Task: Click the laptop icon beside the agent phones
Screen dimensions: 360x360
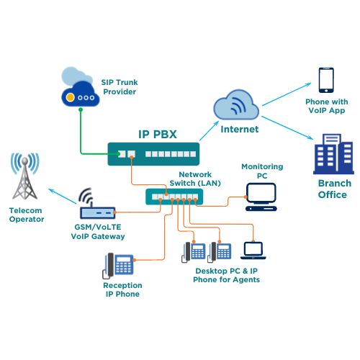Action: pos(253,250)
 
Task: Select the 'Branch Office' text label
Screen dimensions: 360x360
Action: pos(332,189)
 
